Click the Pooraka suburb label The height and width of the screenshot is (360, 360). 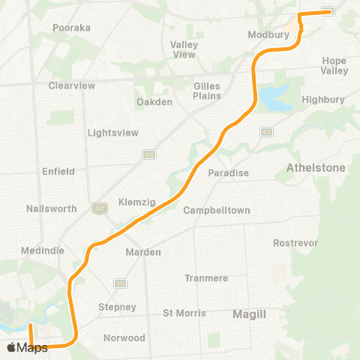71,28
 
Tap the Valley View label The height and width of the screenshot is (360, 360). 184,49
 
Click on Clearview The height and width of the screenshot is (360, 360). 71,85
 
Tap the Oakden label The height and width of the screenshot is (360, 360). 154,102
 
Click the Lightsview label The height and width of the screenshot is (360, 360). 113,133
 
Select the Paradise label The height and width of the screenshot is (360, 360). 228,173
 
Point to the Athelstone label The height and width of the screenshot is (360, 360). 316,168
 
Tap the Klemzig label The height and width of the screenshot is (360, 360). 136,202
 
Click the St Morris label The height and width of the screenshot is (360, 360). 183,313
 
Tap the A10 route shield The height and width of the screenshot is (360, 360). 149,154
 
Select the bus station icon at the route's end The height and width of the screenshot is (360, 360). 328,11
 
